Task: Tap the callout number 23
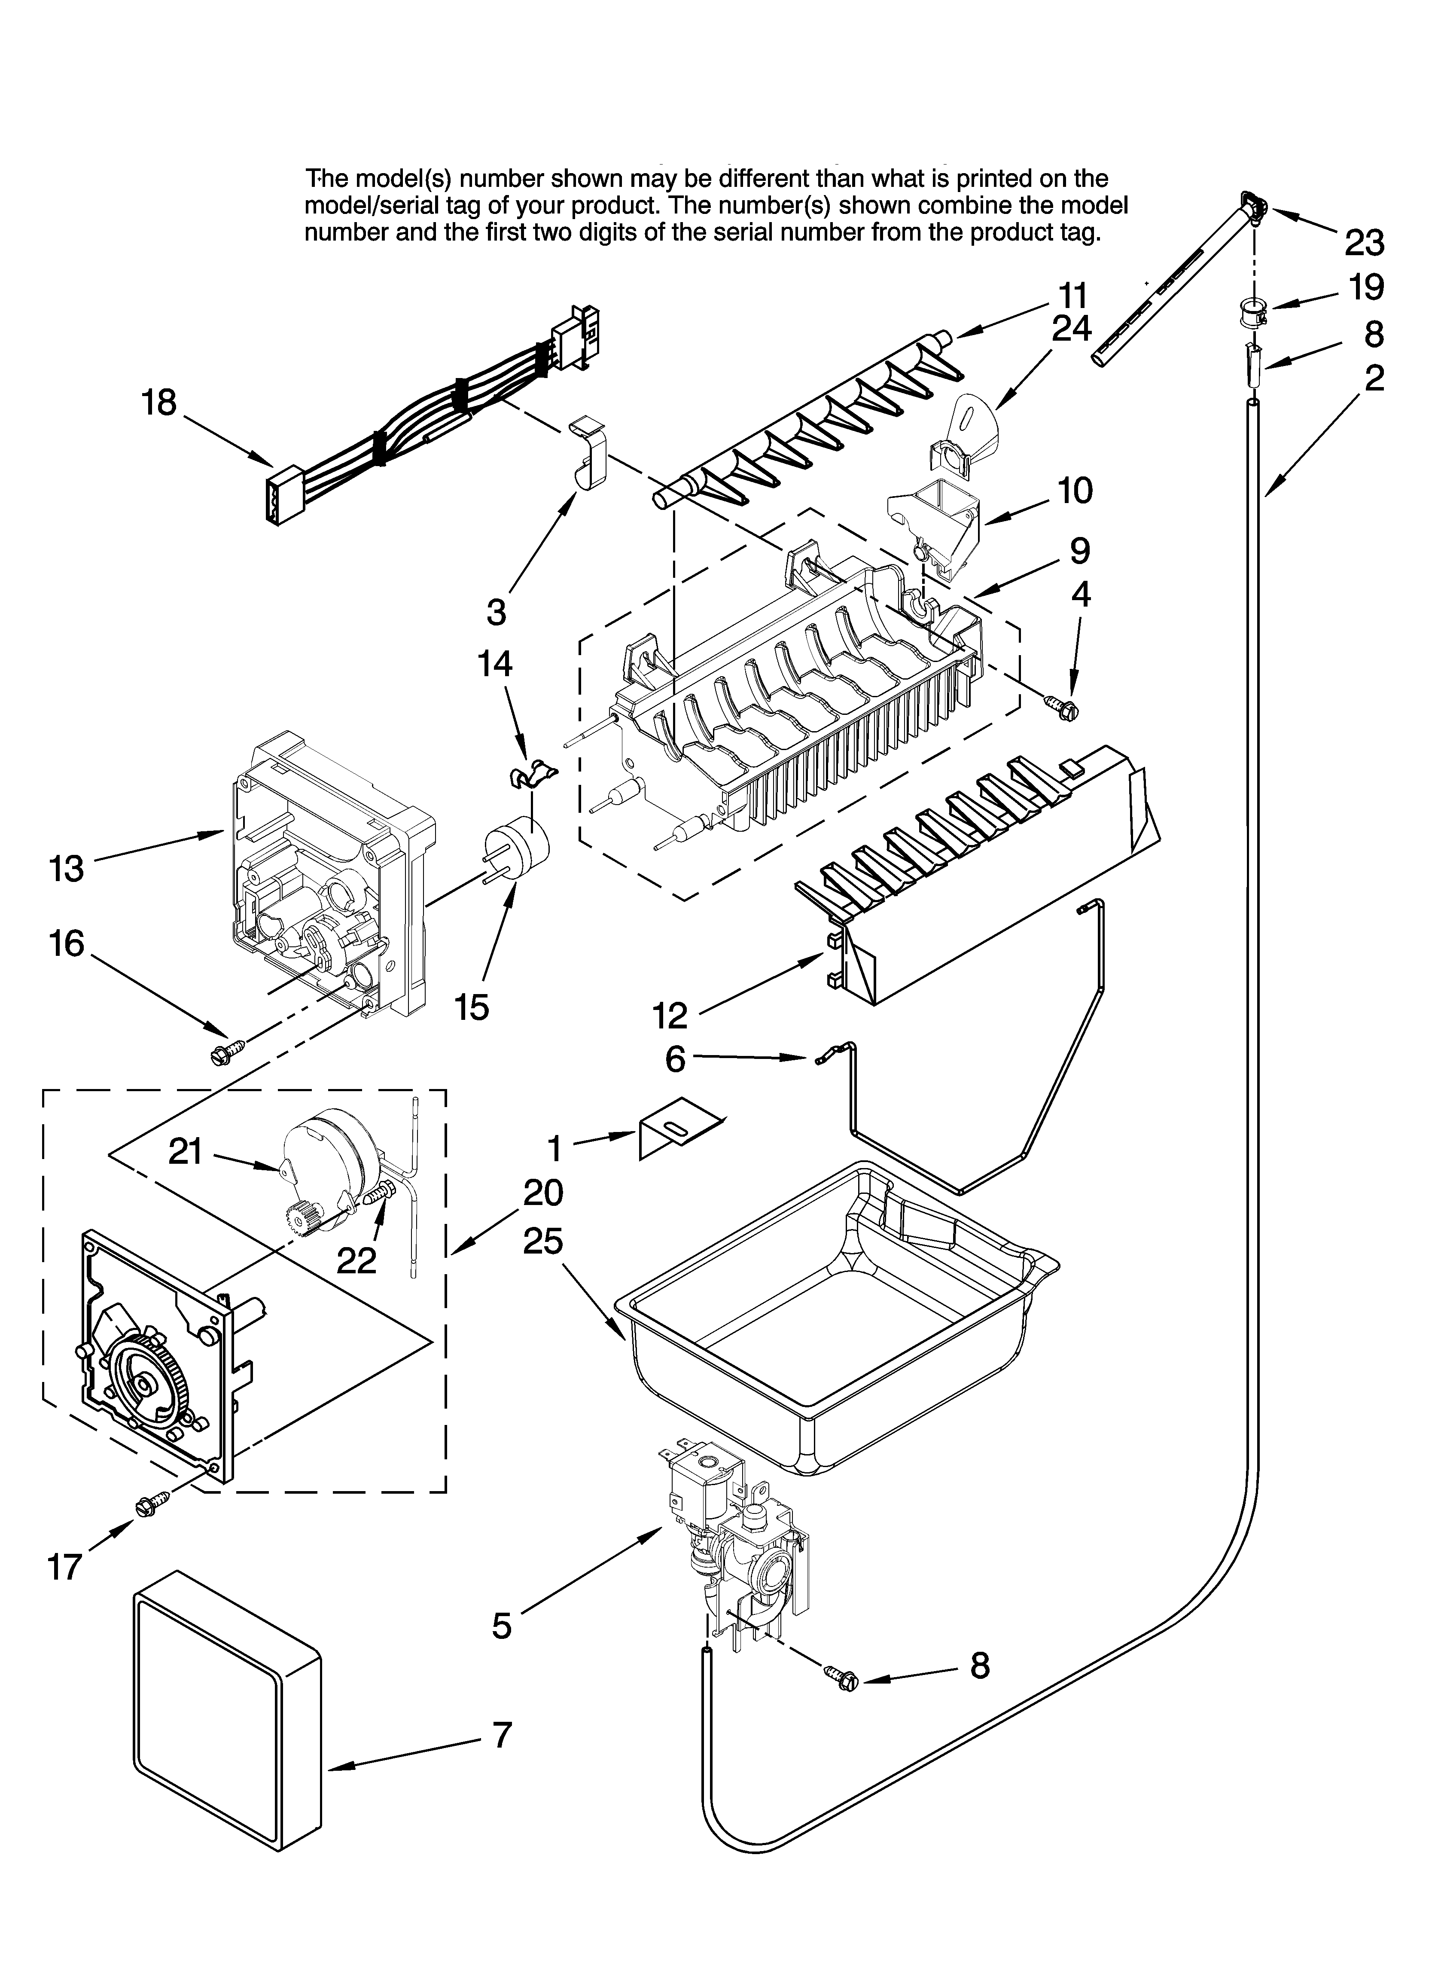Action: (x=1365, y=243)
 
